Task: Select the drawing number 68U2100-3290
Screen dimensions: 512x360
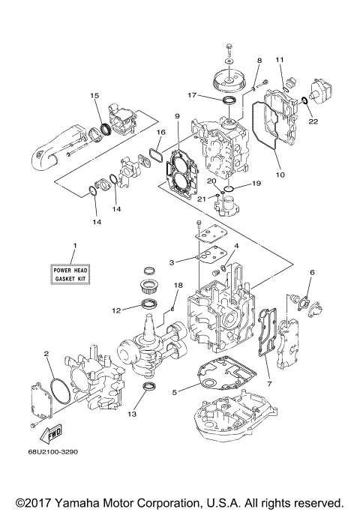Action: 56,452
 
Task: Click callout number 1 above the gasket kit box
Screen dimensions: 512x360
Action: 75,247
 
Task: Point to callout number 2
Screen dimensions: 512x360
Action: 46,354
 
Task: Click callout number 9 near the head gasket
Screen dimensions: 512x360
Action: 178,116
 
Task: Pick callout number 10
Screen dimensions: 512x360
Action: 281,175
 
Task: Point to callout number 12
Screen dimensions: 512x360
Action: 116,310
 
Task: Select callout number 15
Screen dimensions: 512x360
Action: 94,95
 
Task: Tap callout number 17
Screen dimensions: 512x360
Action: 192,95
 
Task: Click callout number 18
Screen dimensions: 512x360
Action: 178,286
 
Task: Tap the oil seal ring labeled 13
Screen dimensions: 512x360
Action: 150,388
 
